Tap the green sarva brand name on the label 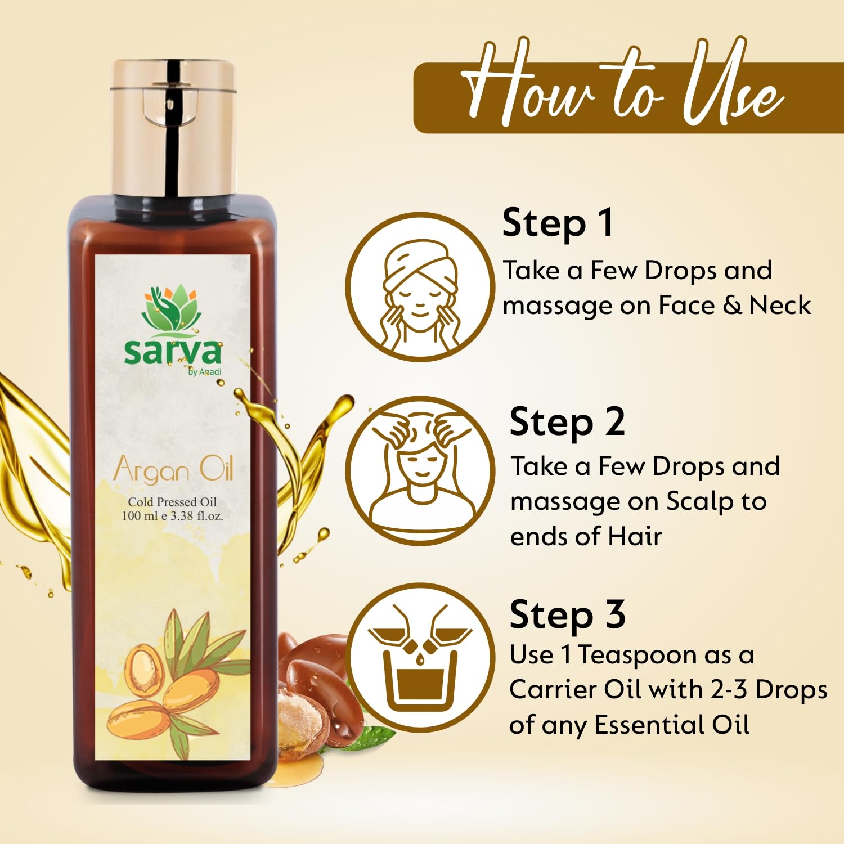pos(173,352)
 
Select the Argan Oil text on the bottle pos(173,470)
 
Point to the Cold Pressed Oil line pos(172,502)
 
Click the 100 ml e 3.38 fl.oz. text pos(172,515)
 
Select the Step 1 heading pos(558,223)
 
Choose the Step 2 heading pos(567,423)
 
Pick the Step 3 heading pos(567,615)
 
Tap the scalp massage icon pos(420,470)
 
